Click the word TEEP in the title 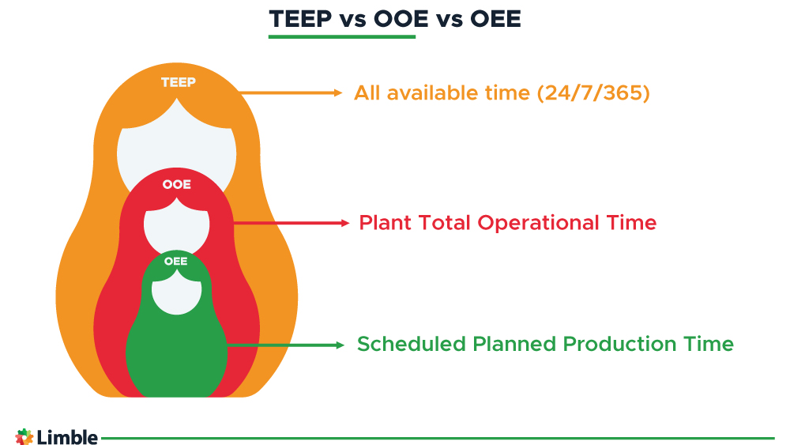(x=300, y=19)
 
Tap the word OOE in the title (x=401, y=19)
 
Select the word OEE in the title (x=495, y=19)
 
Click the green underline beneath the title (x=341, y=37)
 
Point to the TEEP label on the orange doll (x=179, y=82)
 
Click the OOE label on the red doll (x=177, y=184)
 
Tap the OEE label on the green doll (x=176, y=261)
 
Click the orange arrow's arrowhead (x=338, y=92)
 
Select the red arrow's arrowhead (x=345, y=223)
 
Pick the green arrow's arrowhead (x=340, y=345)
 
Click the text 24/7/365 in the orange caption (x=593, y=93)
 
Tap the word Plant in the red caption (x=385, y=223)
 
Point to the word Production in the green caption (x=619, y=345)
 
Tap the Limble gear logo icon (x=24, y=437)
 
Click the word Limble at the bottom (x=67, y=437)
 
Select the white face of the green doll (x=176, y=292)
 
